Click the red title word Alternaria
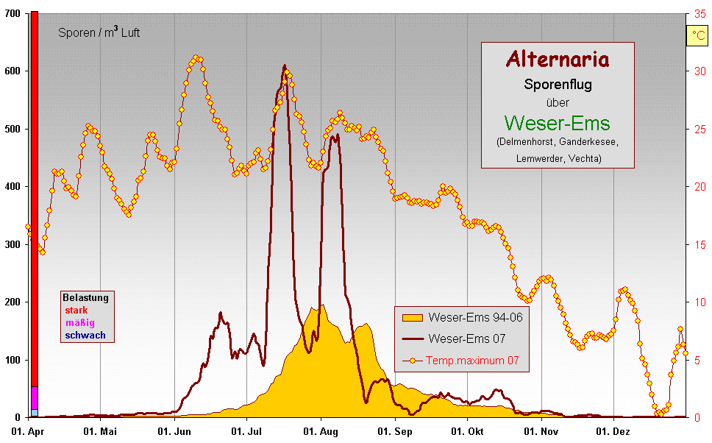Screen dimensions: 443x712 pos(558,59)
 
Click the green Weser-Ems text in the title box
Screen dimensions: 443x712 pos(558,122)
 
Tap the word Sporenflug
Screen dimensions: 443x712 pos(558,84)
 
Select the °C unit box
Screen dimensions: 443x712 pos(696,36)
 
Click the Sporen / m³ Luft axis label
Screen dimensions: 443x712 pos(99,32)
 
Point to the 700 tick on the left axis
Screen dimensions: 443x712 pos(13,14)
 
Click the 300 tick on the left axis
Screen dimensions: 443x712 pos(13,244)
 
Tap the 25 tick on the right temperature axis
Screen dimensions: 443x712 pos(699,129)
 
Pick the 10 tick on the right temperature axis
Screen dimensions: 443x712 pos(699,302)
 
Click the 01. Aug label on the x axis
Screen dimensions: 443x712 pos(321,431)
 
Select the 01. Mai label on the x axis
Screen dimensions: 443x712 pos(100,431)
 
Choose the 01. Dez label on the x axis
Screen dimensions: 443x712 pos(612,431)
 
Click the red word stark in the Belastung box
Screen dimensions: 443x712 pos(76,311)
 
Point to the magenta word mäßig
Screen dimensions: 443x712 pos(79,323)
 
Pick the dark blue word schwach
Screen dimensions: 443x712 pos(85,336)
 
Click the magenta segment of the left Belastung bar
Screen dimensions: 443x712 pos(34,397)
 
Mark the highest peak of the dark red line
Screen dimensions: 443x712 pos(285,65)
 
